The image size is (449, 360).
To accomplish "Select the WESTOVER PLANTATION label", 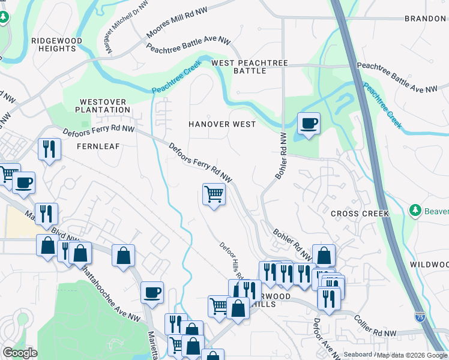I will click(103, 106).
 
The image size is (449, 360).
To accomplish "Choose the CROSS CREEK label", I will click(360, 214).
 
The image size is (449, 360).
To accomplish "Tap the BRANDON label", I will click(425, 19).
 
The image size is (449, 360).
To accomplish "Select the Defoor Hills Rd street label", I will click(230, 260).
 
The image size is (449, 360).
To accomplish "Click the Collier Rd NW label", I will click(376, 325).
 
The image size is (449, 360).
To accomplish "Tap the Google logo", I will click(20, 353).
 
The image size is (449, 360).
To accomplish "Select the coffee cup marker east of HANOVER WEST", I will click(309, 124).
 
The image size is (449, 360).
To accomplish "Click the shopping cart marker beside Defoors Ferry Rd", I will click(214, 194).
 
